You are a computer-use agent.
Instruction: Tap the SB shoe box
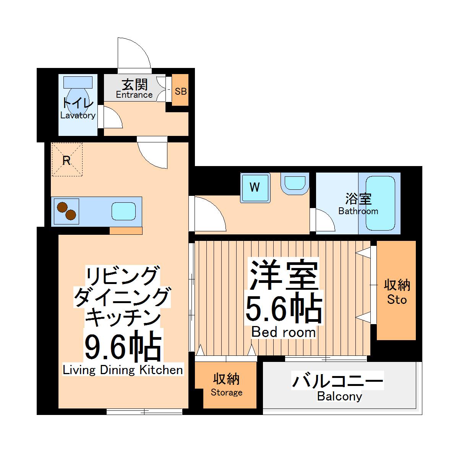(180, 91)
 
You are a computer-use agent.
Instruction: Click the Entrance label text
(134, 95)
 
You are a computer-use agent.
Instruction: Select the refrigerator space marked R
(67, 160)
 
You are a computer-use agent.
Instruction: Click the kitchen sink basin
(124, 211)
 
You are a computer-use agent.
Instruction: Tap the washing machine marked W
(255, 187)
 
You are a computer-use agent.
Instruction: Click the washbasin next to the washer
(295, 183)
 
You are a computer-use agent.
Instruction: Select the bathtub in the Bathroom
(380, 203)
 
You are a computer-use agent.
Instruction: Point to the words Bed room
(283, 332)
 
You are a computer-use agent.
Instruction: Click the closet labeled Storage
(226, 385)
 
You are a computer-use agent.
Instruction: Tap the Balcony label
(339, 397)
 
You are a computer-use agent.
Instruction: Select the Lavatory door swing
(112, 118)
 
